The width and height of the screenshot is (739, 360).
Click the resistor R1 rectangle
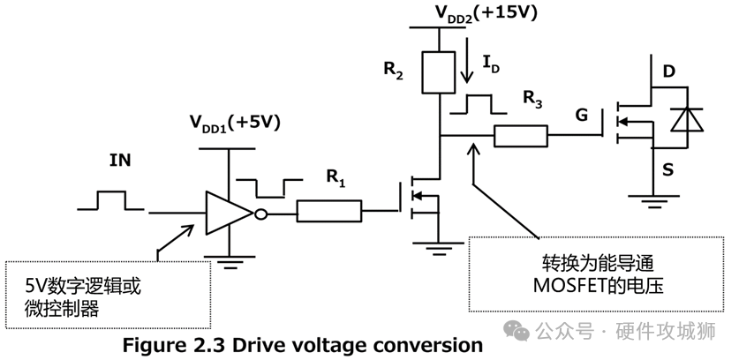(329, 211)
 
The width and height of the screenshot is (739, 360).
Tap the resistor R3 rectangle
(521, 136)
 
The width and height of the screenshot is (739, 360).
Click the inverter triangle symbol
(229, 213)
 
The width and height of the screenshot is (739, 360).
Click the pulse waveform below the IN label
(110, 200)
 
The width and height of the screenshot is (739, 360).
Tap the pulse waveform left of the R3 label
(478, 103)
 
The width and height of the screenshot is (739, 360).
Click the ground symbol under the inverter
(229, 259)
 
